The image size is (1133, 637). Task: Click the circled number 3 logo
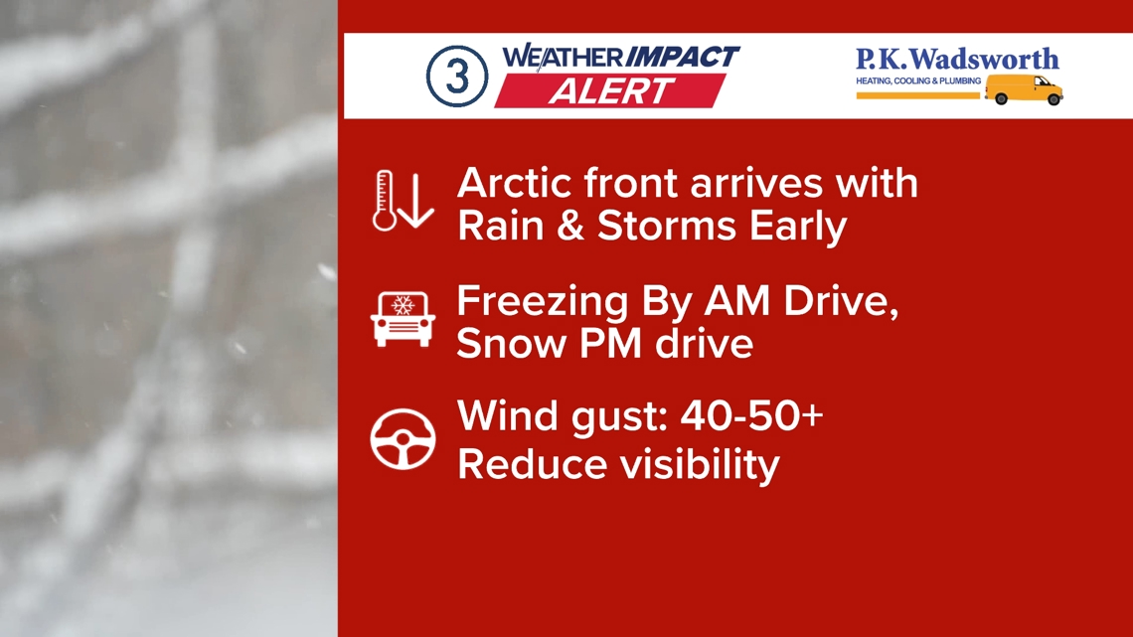[456, 76]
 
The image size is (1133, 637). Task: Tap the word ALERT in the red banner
[611, 91]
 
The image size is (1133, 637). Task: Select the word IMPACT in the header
[681, 57]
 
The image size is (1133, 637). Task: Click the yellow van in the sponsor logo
[1024, 89]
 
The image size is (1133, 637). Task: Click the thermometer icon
[384, 201]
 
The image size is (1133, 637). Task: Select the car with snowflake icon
[403, 318]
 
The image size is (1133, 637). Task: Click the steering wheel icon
[403, 439]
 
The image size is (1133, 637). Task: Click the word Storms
[666, 226]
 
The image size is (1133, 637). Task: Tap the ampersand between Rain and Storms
[570, 226]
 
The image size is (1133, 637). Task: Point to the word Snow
[512, 343]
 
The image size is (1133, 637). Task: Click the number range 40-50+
[751, 416]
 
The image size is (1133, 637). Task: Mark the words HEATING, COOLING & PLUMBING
[918, 80]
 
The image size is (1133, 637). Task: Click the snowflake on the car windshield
[403, 305]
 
